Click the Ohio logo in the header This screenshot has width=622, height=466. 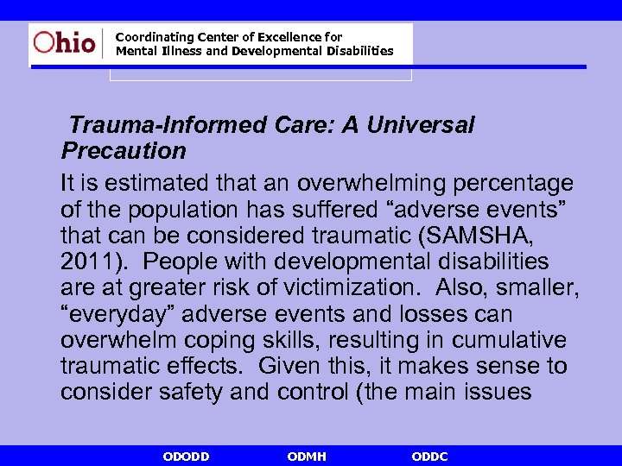point(65,43)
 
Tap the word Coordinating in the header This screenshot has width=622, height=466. point(151,37)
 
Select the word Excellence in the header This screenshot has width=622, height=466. point(290,37)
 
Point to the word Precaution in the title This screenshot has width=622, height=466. point(124,151)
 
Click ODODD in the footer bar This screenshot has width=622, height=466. point(186,457)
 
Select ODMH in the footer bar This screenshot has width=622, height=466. point(307,457)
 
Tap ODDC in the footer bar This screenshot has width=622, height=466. point(429,457)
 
